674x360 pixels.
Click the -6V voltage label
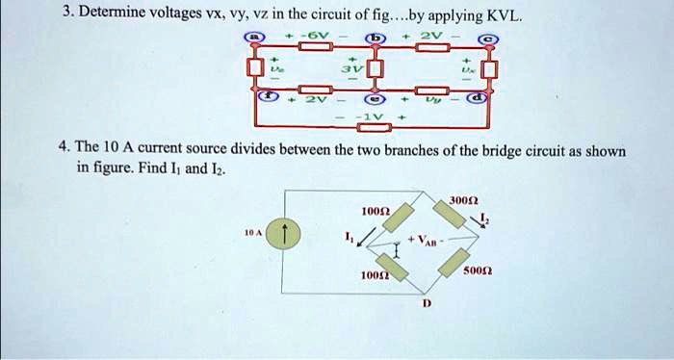tap(319, 36)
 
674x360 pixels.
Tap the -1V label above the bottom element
tap(373, 115)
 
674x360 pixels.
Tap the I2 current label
tap(483, 220)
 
